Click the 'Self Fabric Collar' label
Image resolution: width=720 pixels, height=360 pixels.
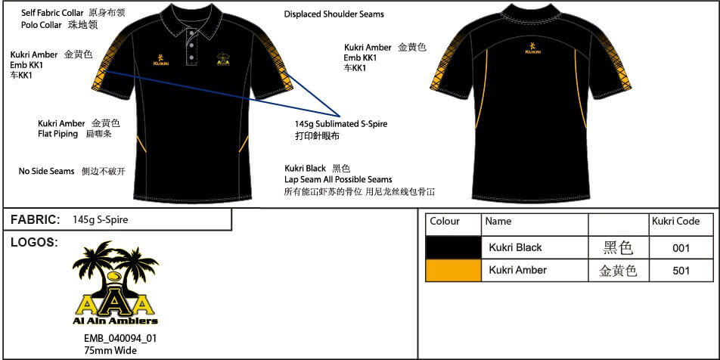[x=52, y=13]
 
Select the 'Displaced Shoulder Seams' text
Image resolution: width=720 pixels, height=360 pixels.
[x=334, y=14]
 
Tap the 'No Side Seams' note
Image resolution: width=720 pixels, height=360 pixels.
[x=46, y=171]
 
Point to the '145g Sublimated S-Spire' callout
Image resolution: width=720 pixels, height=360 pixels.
[x=341, y=124]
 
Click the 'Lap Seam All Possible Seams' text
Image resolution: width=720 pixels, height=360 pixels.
[x=338, y=179]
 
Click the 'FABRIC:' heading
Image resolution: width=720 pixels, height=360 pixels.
[x=35, y=219]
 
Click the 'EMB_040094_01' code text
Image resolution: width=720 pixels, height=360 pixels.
[x=120, y=338]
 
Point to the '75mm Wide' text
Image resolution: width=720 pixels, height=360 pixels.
[x=110, y=349]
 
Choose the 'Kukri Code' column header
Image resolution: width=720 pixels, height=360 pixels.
[x=675, y=222]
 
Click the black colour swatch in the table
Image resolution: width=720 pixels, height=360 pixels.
[x=454, y=247]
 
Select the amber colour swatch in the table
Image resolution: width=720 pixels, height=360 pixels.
[x=454, y=270]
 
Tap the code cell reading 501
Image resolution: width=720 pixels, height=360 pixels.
[x=681, y=270]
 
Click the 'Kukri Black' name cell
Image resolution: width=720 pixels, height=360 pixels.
[x=515, y=247]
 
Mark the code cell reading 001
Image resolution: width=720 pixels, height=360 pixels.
[x=681, y=247]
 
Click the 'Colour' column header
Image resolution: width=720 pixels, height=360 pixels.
[x=445, y=222]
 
